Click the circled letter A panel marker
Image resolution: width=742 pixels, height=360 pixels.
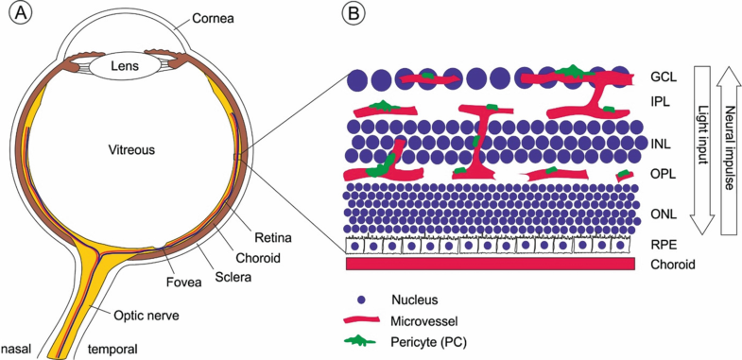[x=16, y=16]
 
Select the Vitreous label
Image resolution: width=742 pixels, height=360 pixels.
[x=130, y=149]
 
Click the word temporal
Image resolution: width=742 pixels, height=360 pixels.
[x=112, y=349]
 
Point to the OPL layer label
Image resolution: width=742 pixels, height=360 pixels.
[x=663, y=174]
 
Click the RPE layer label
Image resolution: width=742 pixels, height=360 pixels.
[x=663, y=244]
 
